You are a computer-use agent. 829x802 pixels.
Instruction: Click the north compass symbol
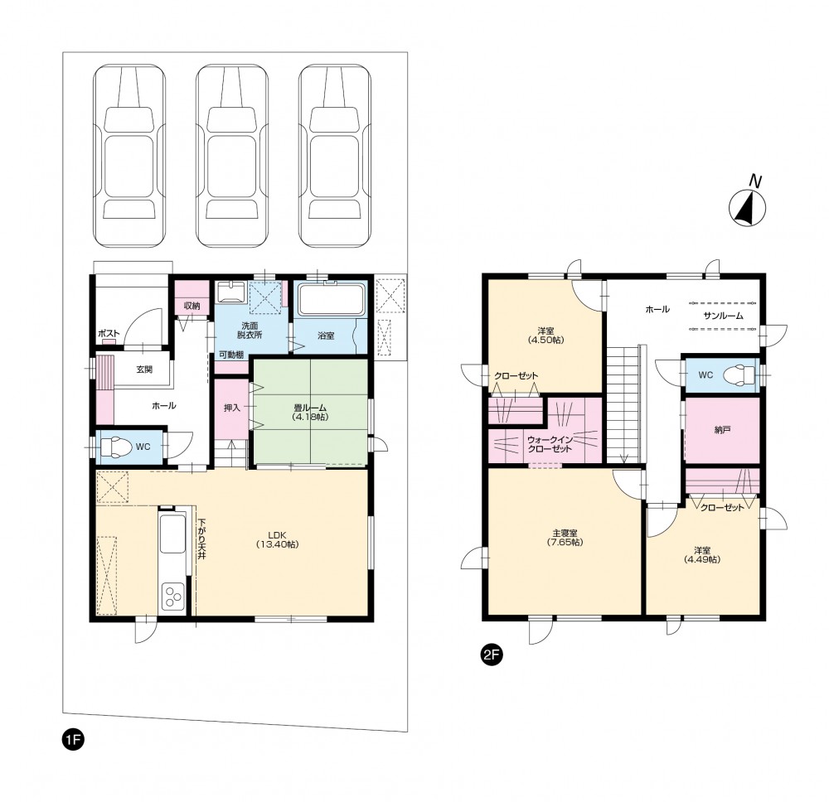tap(748, 207)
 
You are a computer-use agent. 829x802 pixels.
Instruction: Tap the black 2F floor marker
tap(491, 655)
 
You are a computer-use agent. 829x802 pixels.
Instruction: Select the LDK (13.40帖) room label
tap(277, 539)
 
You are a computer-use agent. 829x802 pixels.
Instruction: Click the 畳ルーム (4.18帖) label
tap(310, 412)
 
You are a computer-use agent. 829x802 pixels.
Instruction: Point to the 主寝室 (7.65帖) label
tap(565, 538)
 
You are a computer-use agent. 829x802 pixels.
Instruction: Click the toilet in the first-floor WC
tap(116, 447)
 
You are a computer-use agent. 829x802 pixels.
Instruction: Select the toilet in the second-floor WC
tap(739, 374)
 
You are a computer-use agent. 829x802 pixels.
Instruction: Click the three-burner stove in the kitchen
tap(172, 597)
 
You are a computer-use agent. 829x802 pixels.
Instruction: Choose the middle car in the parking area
tap(232, 156)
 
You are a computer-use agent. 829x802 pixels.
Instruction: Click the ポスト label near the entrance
tap(109, 333)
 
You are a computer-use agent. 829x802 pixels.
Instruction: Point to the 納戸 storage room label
tap(722, 430)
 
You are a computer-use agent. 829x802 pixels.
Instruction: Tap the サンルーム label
tap(723, 316)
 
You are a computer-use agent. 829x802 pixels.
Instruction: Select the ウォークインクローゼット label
tap(550, 444)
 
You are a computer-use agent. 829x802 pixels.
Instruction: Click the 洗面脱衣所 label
tap(250, 331)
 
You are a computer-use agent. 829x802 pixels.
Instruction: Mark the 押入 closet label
tap(231, 408)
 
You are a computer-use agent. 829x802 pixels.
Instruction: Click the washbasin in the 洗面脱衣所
tap(231, 292)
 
